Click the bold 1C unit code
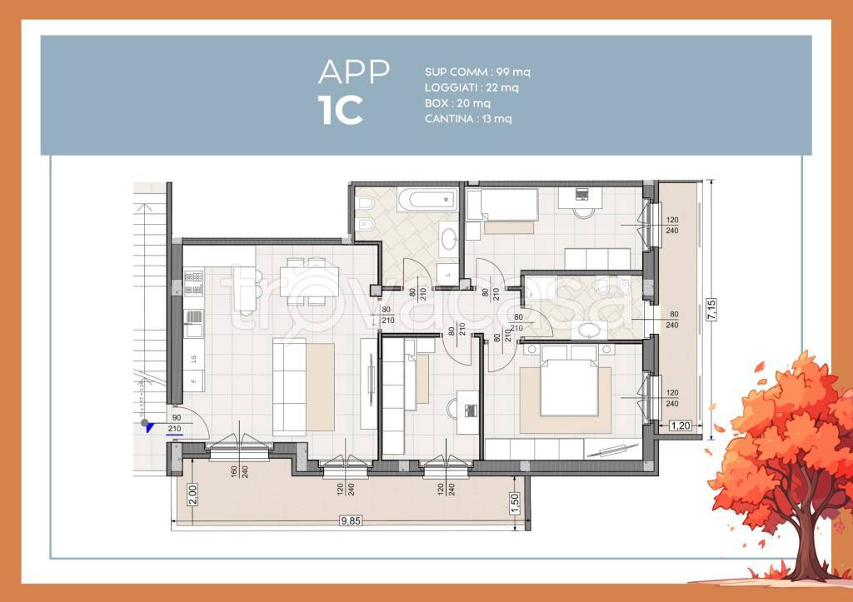(x=341, y=111)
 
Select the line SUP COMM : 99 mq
(x=477, y=72)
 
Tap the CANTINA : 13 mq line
(x=468, y=119)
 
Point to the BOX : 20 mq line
(x=457, y=103)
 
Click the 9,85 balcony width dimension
(x=351, y=523)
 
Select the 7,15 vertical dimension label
(x=710, y=310)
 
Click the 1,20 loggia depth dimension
(x=681, y=425)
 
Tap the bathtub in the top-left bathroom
(x=426, y=200)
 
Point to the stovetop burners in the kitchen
(x=193, y=283)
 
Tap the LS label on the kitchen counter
(x=193, y=360)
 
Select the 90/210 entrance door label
(x=175, y=424)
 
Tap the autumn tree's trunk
(x=806, y=545)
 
